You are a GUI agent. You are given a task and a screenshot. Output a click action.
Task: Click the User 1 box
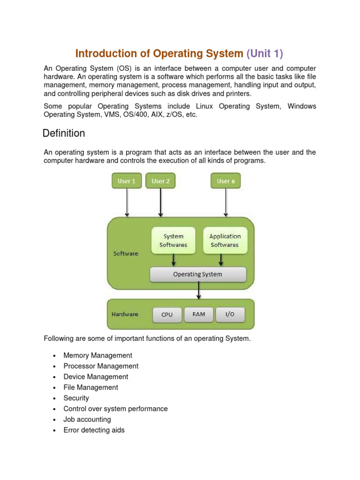click(x=127, y=181)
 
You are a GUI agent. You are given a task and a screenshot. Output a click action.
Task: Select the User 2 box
click(x=161, y=181)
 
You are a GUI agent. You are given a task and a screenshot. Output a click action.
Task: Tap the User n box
click(x=225, y=181)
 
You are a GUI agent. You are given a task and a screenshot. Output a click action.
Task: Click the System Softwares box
click(x=173, y=240)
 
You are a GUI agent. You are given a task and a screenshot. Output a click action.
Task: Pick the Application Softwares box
click(x=225, y=240)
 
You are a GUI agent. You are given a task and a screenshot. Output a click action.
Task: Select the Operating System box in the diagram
click(x=197, y=274)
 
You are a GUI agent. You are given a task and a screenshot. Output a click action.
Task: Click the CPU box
click(x=167, y=315)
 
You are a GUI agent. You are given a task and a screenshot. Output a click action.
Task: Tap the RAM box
click(x=199, y=315)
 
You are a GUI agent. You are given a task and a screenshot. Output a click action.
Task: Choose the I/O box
click(x=230, y=315)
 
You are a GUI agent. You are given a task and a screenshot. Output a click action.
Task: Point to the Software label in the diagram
click(x=126, y=254)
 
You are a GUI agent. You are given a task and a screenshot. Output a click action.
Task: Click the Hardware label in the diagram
click(x=125, y=314)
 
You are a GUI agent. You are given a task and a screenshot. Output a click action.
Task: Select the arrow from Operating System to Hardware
click(x=199, y=291)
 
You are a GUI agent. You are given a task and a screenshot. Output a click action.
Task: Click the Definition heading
click(x=64, y=134)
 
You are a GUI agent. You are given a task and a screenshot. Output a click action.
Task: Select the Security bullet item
click(x=76, y=398)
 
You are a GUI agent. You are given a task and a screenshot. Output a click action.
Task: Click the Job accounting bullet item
click(x=87, y=420)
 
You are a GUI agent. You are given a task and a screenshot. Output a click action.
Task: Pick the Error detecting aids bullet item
click(x=94, y=430)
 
